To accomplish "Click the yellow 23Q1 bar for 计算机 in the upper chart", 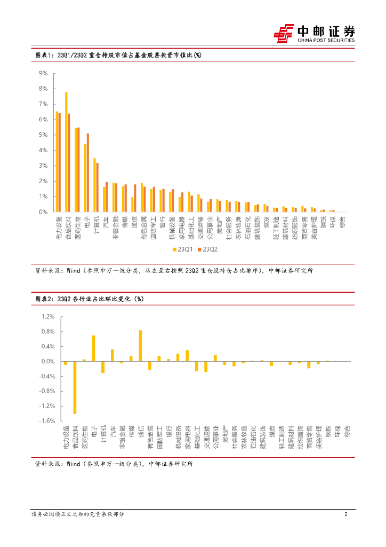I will [x=94, y=185].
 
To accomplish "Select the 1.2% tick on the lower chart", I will [x=47, y=317].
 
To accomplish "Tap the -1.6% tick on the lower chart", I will [x=47, y=421].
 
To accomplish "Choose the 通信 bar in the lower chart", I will [x=140, y=346].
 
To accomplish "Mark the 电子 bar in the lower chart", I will [x=94, y=348].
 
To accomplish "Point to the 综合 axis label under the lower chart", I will [x=348, y=432].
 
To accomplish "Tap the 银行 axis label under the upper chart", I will [x=162, y=221].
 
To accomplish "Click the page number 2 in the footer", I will [x=346, y=514].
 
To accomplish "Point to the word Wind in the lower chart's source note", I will [x=73, y=464].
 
